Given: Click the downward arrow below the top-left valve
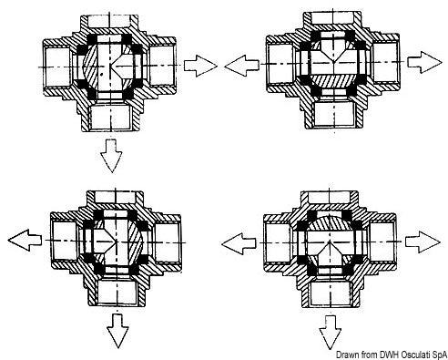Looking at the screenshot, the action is (112, 157).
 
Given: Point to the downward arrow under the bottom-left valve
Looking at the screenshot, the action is (117, 333).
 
